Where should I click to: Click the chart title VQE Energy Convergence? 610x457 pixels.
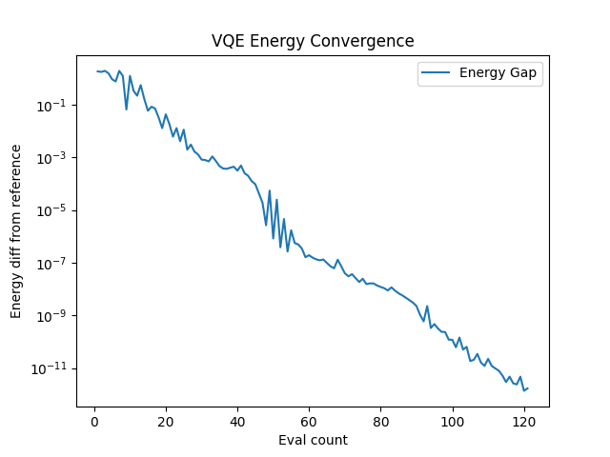[313, 41]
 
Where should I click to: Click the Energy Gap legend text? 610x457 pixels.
[500, 73]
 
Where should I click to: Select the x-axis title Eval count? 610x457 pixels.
[313, 440]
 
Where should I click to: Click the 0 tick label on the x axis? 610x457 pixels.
[94, 422]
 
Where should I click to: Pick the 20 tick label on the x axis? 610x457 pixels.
[166, 422]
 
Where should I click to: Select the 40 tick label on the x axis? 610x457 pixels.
[237, 422]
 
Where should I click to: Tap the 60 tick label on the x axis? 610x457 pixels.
[309, 422]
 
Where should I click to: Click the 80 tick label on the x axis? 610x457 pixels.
[380, 422]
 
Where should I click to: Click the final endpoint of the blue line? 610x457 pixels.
[527, 387]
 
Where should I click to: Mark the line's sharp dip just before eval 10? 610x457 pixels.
[127, 109]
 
